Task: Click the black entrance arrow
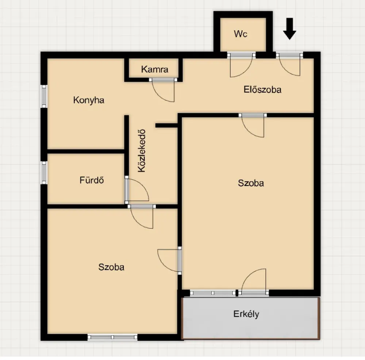click(x=289, y=29)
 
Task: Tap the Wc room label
click(x=241, y=34)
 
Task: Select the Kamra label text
click(x=154, y=69)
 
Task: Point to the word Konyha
click(x=89, y=100)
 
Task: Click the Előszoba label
click(x=262, y=89)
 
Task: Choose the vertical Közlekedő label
click(x=142, y=151)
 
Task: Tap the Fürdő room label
click(x=92, y=180)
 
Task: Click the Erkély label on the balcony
click(x=246, y=314)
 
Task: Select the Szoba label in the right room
click(x=251, y=183)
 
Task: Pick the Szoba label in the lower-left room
click(x=111, y=267)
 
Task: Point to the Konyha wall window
click(x=44, y=96)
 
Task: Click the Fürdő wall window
click(x=44, y=173)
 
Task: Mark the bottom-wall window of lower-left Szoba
click(x=112, y=337)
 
